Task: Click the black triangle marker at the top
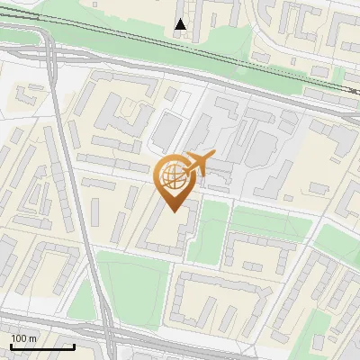click(x=181, y=24)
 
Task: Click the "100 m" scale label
click(x=24, y=338)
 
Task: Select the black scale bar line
click(x=41, y=346)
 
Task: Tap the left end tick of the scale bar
click(x=11, y=345)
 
